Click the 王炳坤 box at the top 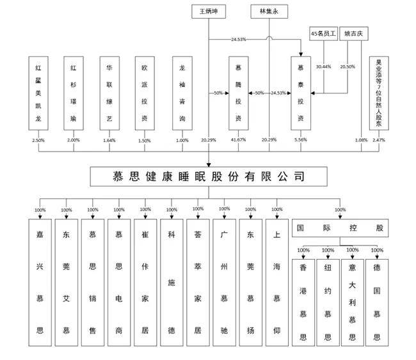tap(209, 12)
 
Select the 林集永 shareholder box tap(269, 12)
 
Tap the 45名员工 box tap(323, 33)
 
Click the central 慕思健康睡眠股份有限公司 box tap(208, 175)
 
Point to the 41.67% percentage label tap(239, 139)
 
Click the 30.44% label tap(323, 67)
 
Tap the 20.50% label tap(348, 67)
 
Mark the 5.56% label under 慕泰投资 tap(300, 139)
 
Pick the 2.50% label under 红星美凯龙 tap(38, 139)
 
